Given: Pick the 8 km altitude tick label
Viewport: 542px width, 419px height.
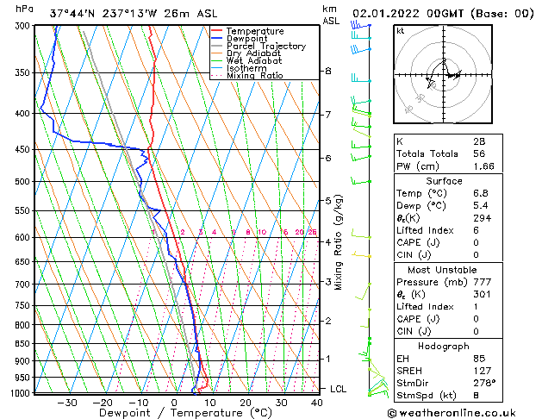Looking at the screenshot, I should pyautogui.click(x=328, y=71).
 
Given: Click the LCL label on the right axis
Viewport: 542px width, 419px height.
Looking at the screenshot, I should pyautogui.click(x=338, y=389).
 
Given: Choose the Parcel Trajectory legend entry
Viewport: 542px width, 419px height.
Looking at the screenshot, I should pyautogui.click(x=265, y=47).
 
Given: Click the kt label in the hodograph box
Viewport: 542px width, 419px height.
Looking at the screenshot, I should pyautogui.click(x=401, y=30).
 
